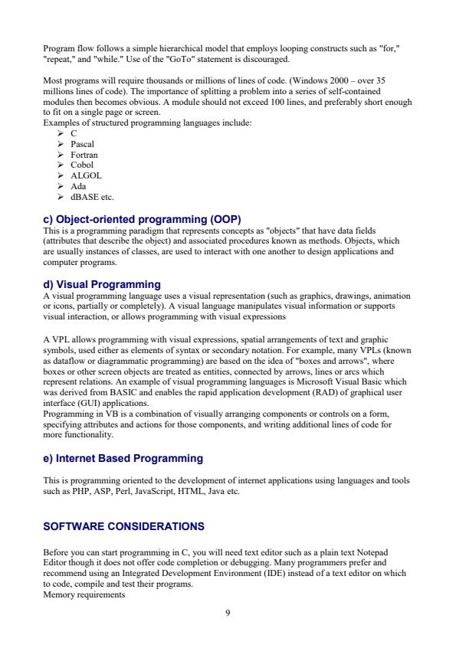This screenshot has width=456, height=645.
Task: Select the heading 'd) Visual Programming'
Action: coord(102,284)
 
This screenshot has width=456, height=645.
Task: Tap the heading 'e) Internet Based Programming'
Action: coord(123,458)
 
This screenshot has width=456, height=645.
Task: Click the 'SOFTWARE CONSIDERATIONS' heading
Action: coord(124,526)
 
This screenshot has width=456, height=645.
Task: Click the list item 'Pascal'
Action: coord(82,143)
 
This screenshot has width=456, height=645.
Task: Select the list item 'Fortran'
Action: coord(84,154)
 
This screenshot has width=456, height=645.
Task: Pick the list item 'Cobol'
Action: coord(82,165)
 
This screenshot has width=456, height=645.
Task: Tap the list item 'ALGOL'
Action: coord(86,175)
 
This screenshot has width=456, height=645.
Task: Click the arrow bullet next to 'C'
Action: coord(61,133)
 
